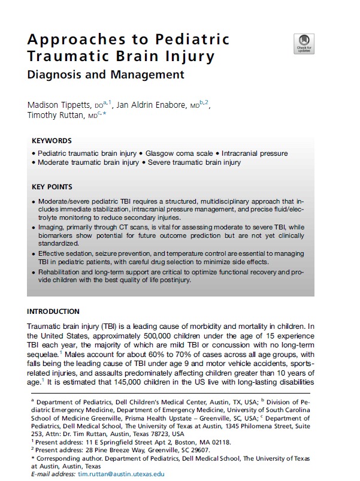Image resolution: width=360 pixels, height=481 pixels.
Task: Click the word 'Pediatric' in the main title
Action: (x=193, y=40)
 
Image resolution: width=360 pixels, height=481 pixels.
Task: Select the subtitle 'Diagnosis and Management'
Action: (x=106, y=75)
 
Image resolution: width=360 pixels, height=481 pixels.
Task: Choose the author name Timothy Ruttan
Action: (x=57, y=116)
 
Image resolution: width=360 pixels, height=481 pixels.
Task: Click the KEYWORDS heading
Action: (x=52, y=141)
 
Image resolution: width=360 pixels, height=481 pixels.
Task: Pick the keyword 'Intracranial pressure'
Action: (x=254, y=153)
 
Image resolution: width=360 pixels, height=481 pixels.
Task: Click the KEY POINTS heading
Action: (x=52, y=187)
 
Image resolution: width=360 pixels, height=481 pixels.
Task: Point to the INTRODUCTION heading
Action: (x=53, y=311)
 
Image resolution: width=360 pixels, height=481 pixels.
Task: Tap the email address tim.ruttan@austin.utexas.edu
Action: (x=121, y=474)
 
